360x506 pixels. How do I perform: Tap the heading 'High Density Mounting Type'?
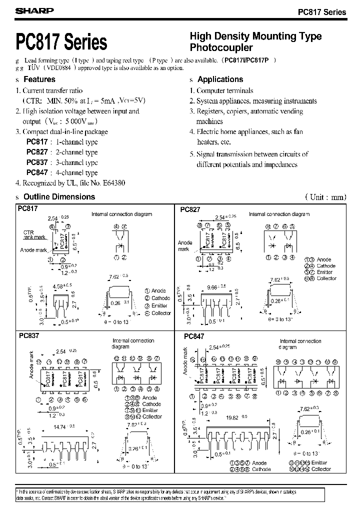pyautogui.click(x=255, y=36)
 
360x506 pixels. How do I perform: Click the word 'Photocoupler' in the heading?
pyautogui.click(x=221, y=48)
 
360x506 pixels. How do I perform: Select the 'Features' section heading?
pyautogui.click(x=40, y=79)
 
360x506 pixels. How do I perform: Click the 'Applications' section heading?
pyautogui.click(x=220, y=79)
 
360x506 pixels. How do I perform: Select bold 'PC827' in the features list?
pyautogui.click(x=37, y=152)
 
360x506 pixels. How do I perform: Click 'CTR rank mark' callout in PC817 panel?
pyautogui.click(x=34, y=235)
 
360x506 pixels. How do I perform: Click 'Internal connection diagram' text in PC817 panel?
pyautogui.click(x=121, y=214)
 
